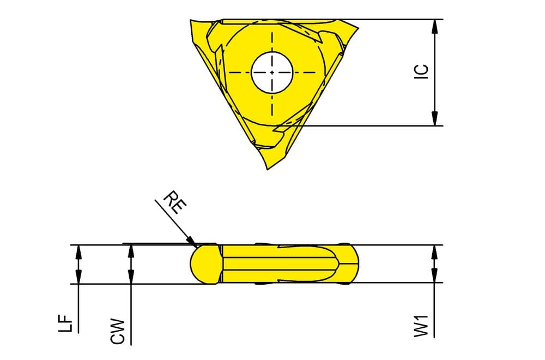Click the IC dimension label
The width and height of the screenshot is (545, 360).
422,71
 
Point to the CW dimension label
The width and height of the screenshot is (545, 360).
118,332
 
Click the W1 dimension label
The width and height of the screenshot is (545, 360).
422,326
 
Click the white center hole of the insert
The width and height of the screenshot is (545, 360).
272,73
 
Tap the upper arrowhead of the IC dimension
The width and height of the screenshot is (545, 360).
434,26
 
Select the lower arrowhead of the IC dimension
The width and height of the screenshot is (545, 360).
434,118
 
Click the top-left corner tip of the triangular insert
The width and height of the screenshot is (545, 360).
190,20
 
